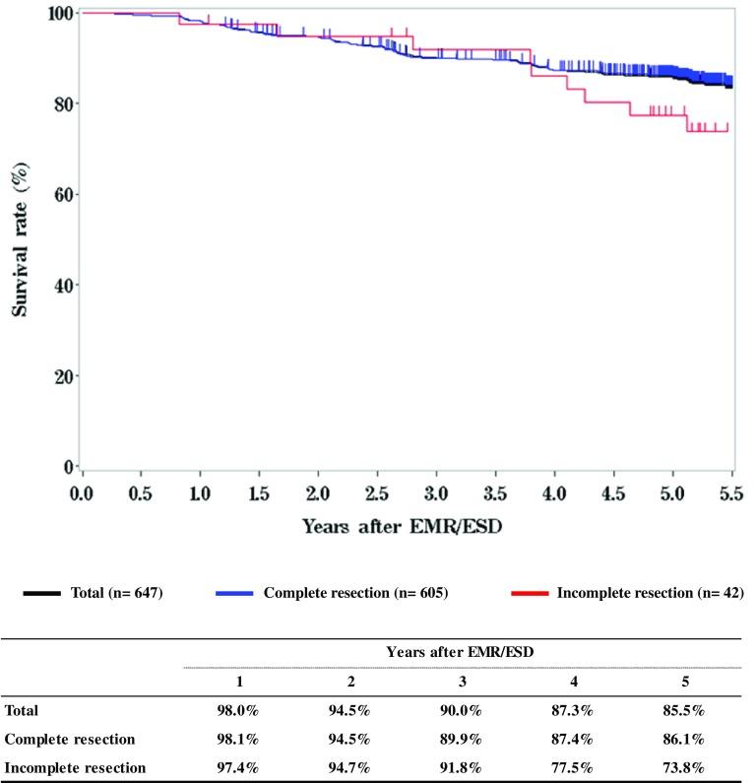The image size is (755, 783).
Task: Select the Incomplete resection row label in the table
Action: tap(76, 766)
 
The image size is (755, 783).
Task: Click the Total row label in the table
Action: tap(25, 709)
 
